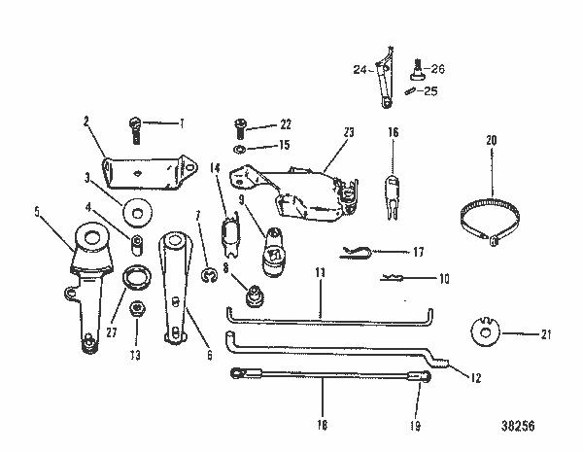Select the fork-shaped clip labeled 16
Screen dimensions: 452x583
pos(393,190)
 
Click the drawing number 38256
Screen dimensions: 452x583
pos(520,426)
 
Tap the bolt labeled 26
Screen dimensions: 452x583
pos(417,71)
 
